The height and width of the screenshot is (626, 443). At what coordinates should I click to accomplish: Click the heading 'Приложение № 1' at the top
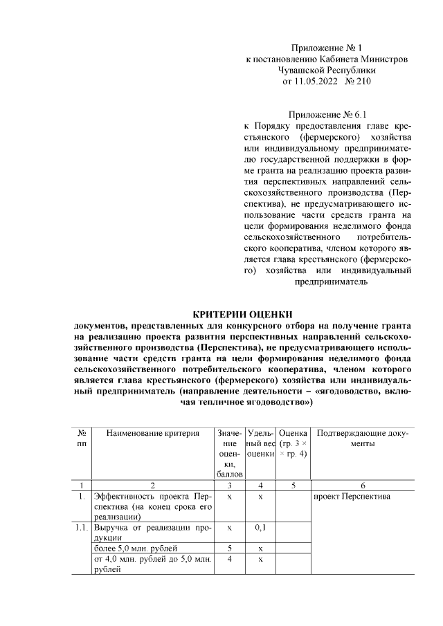[x=327, y=48]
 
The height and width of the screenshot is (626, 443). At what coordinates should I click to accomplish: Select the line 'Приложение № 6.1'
[x=325, y=113]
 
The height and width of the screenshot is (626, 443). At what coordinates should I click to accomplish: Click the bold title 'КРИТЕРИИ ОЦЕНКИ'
[x=242, y=315]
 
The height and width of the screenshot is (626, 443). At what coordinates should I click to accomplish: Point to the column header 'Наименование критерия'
[x=152, y=434]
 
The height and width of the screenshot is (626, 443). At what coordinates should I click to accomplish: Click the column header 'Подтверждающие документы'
[x=363, y=439]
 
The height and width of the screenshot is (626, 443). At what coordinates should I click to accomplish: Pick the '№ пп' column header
[x=82, y=439]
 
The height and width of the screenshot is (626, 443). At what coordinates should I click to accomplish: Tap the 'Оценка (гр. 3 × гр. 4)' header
[x=293, y=443]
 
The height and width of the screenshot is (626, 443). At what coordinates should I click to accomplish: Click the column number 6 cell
[x=363, y=486]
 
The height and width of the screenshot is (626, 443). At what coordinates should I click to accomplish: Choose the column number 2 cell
[x=152, y=486]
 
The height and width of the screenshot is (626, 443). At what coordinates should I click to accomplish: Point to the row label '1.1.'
[x=82, y=528]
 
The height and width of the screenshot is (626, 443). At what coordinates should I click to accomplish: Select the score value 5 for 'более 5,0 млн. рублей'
[x=228, y=549]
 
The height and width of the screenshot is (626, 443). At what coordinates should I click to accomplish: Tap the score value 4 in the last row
[x=228, y=559]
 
